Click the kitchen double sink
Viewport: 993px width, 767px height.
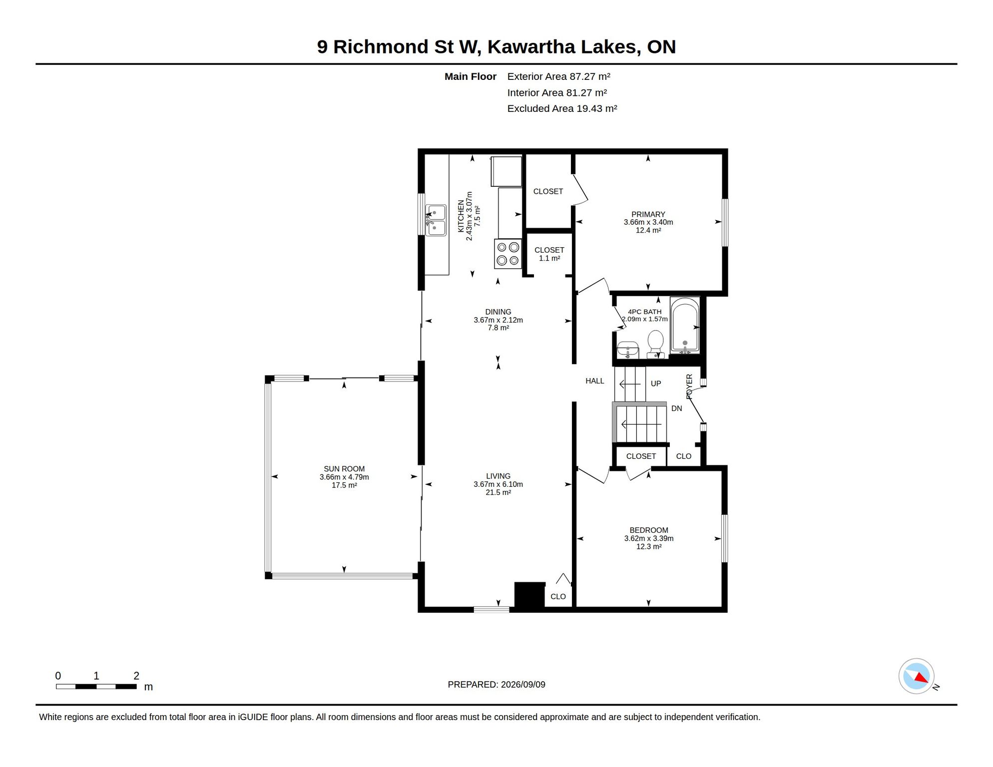[x=436, y=220]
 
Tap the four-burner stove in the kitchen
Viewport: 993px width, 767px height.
[x=508, y=254]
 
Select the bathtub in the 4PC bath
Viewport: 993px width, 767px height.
[x=685, y=326]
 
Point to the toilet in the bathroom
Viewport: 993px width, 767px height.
[x=655, y=345]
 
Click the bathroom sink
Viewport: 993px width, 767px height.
[x=627, y=350]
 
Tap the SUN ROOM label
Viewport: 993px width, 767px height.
[x=344, y=469]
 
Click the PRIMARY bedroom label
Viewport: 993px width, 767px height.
[x=648, y=214]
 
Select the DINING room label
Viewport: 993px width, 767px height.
[x=498, y=312]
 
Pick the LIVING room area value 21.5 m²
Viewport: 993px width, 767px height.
[x=498, y=492]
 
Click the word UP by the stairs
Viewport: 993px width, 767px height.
[x=656, y=383]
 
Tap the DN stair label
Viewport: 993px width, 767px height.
[x=677, y=408]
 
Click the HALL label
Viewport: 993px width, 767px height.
[x=595, y=381]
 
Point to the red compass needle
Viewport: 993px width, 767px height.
[x=922, y=678]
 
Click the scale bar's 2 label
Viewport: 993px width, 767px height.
[x=136, y=676]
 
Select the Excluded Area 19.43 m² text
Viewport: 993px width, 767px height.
[x=562, y=108]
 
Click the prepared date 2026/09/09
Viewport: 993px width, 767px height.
[x=523, y=685]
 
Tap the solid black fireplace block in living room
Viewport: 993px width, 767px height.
[x=529, y=596]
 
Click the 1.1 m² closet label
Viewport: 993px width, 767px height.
[x=549, y=258]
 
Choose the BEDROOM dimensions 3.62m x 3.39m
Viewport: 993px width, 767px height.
[x=649, y=538]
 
